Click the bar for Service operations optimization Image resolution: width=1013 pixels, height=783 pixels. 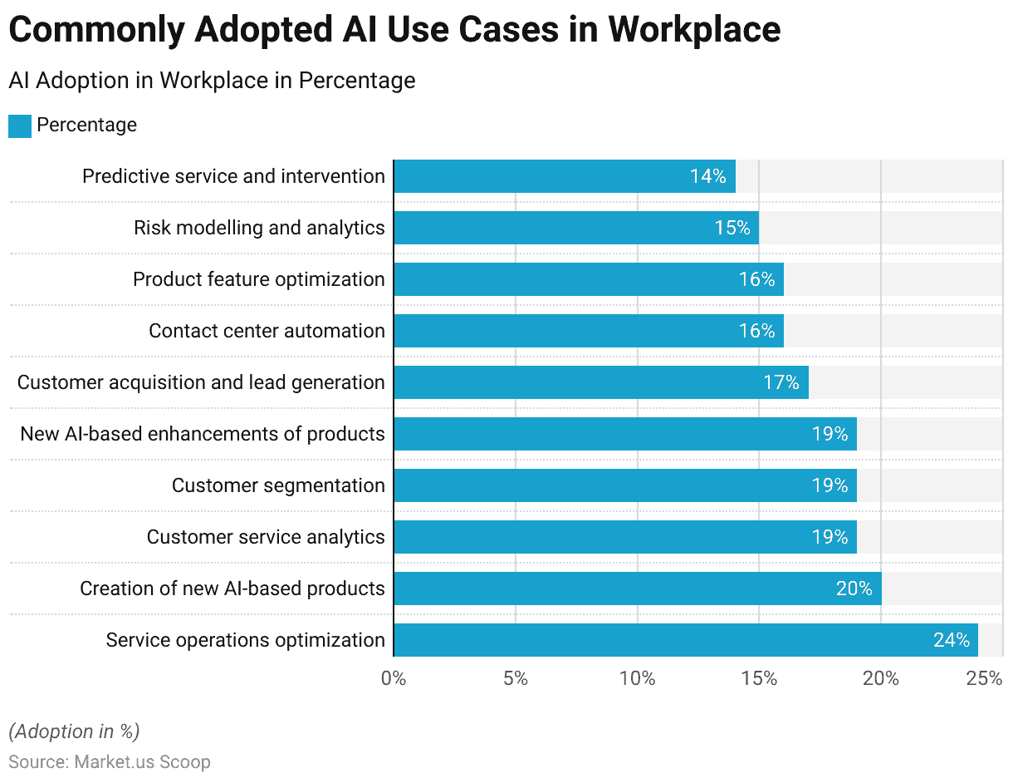pos(685,640)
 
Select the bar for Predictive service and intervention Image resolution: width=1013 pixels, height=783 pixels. pos(565,176)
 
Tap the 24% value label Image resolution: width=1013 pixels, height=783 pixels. pos(951,640)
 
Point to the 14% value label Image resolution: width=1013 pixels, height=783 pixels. pos(707,176)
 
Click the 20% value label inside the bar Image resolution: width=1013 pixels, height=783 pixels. pos(854,588)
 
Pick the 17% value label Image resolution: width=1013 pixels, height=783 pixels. pos(781,382)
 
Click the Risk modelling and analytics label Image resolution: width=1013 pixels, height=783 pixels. pos(259,228)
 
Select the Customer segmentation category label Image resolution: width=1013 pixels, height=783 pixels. pos(278,485)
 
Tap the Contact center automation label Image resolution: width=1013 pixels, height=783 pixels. pos(267,331)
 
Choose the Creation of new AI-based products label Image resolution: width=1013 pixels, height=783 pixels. pos(232,588)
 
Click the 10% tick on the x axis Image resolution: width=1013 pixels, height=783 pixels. pos(637,678)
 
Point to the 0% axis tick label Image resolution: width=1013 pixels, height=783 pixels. pos(394,678)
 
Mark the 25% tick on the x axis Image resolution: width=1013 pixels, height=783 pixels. pos(985,678)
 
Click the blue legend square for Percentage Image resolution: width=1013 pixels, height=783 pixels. pos(20,126)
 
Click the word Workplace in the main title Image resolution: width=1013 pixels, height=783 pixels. pos(693,30)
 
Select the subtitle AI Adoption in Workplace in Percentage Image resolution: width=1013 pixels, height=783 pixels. pos(212,81)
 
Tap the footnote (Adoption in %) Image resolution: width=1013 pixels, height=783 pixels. pos(74,731)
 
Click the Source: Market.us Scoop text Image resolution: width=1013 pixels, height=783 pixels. pos(110,761)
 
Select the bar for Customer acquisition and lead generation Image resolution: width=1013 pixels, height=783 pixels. pos(600,382)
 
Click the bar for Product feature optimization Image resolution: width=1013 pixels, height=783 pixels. pos(588,279)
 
